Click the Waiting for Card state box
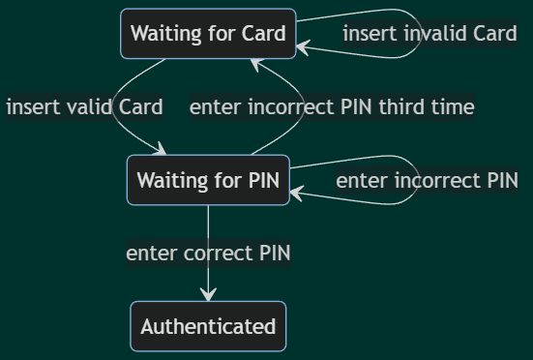click(208, 34)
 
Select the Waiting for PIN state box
click(208, 180)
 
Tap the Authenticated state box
click(208, 326)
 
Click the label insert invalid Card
click(429, 34)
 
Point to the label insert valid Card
click(84, 106)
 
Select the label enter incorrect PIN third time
click(332, 106)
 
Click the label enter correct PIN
click(208, 254)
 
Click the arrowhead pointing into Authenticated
click(208, 296)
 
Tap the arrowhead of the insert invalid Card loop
click(302, 47)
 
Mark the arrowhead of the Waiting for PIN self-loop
click(295, 194)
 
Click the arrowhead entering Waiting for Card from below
click(256, 64)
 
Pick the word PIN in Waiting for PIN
click(262, 180)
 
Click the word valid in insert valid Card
click(91, 106)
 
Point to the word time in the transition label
click(453, 106)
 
